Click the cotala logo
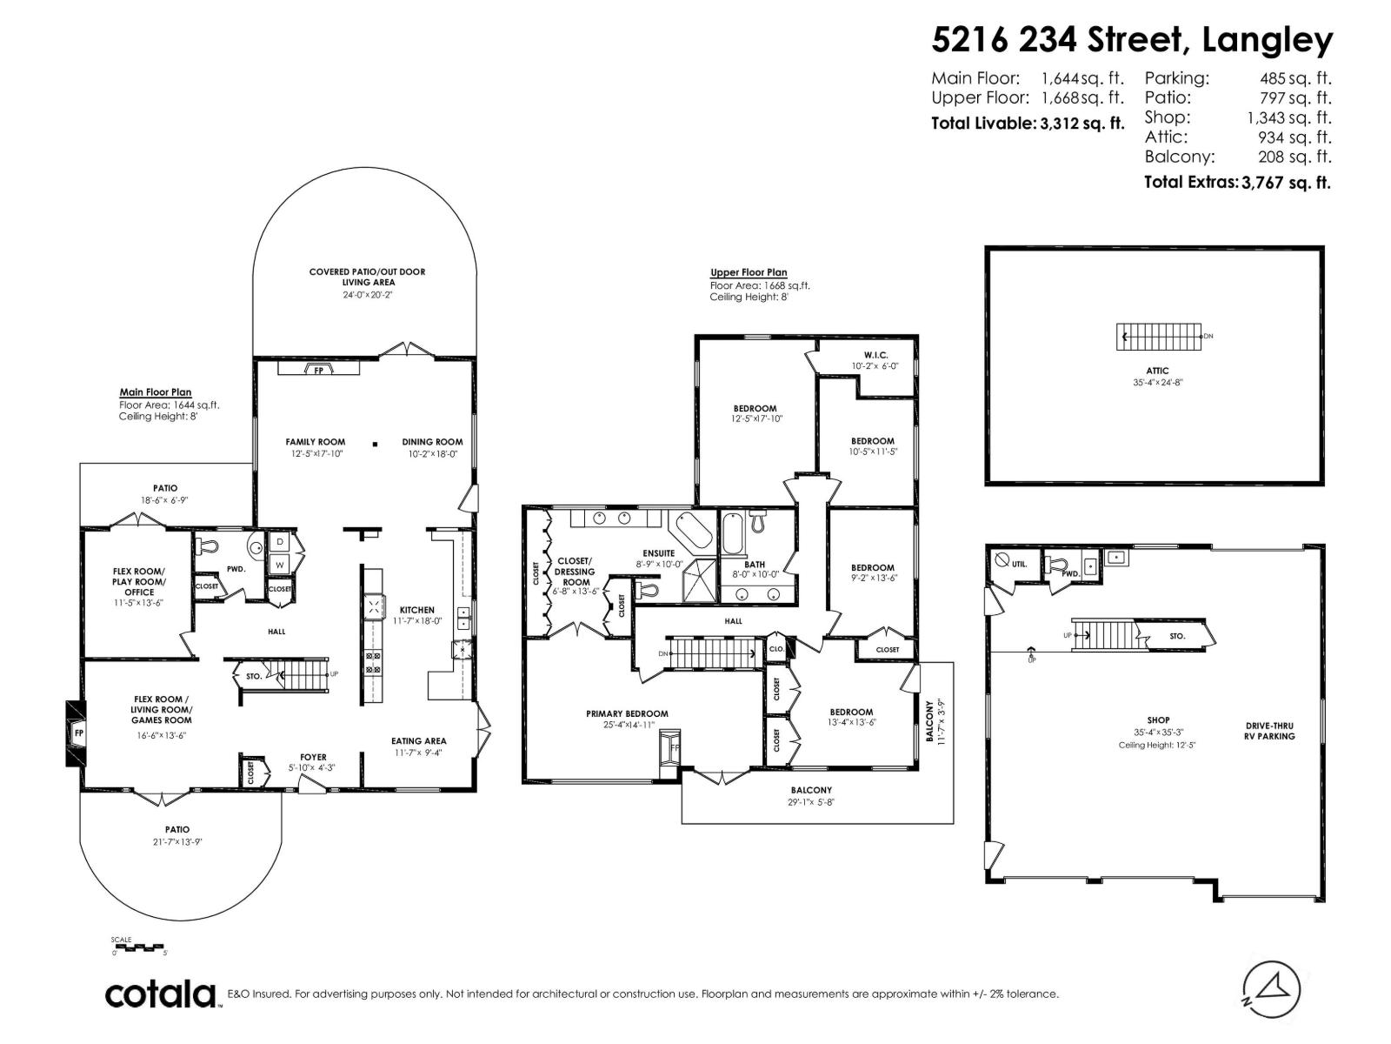click(161, 994)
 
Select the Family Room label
click(315, 442)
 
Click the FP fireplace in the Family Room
click(318, 370)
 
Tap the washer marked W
click(280, 565)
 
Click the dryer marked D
click(280, 542)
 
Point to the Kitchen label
click(416, 610)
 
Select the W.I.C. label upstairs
click(875, 355)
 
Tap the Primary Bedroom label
click(627, 713)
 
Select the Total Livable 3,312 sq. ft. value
click(1082, 124)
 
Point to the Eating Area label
click(419, 741)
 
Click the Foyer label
click(313, 757)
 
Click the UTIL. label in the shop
click(1019, 564)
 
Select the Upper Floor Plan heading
click(749, 272)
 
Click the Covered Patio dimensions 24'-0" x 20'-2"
click(367, 294)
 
